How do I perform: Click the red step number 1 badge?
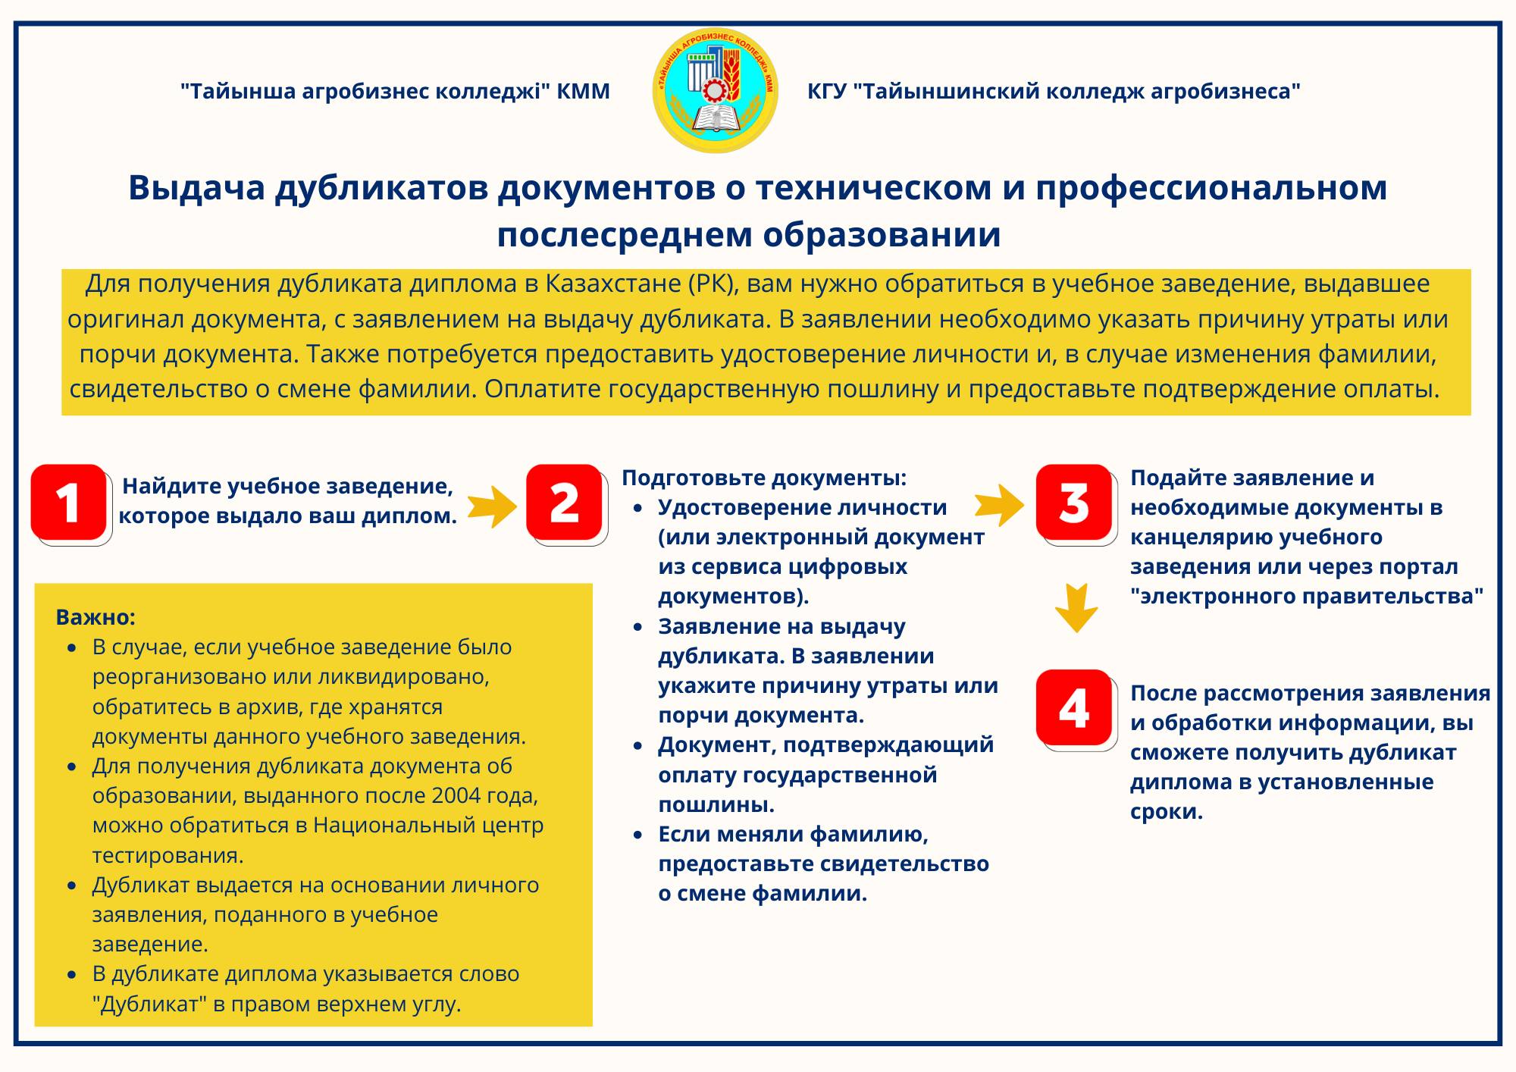[69, 503]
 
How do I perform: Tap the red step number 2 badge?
[564, 503]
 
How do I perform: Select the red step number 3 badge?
[1074, 503]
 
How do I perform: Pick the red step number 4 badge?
[1074, 707]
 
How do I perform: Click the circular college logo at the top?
[715, 90]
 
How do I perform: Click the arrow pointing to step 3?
[998, 505]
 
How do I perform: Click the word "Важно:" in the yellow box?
[96, 617]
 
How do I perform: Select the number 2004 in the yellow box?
[457, 796]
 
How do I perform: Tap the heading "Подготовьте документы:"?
[764, 478]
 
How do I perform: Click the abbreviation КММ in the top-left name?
[583, 92]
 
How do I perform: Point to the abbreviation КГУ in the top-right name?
[827, 92]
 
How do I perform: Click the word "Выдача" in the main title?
[196, 188]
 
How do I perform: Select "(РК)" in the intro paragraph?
[711, 284]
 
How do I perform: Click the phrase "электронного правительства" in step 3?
[1307, 597]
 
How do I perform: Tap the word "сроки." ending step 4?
[1166, 812]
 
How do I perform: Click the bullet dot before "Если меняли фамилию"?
[639, 835]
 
